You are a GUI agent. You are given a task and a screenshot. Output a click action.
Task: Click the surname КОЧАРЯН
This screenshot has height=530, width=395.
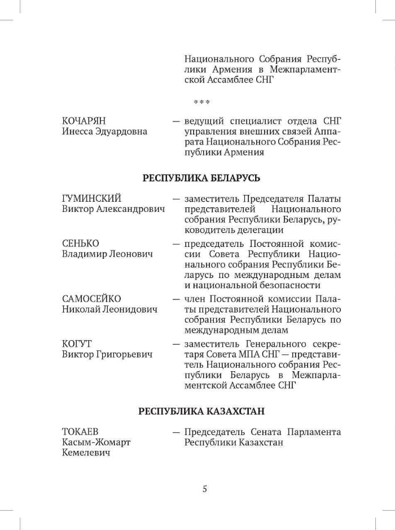point(84,121)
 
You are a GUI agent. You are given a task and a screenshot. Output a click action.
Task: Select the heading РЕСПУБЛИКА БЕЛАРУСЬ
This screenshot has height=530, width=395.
point(201,178)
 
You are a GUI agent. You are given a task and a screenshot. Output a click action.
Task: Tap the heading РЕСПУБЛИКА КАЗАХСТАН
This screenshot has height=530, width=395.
point(201,411)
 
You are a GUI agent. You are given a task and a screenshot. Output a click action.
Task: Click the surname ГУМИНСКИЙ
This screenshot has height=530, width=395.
point(91,199)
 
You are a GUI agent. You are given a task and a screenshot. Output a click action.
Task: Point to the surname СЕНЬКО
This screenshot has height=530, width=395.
point(81,244)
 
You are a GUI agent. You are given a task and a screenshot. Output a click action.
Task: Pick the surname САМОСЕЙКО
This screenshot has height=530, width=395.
point(91,299)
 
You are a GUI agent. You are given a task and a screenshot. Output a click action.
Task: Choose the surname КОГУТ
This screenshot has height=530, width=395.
point(77,344)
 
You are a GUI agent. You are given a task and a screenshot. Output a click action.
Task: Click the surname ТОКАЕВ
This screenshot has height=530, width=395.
point(80,432)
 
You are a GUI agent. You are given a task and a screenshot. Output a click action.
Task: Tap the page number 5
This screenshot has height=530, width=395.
point(204,489)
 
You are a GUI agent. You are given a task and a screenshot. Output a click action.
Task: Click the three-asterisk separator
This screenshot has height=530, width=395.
point(201,103)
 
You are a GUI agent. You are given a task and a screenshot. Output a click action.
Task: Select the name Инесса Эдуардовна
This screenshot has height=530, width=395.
point(104,132)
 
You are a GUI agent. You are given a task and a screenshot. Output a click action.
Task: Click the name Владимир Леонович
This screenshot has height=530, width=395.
point(107,254)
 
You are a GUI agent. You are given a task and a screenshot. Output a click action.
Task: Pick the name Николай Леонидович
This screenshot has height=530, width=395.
point(109,310)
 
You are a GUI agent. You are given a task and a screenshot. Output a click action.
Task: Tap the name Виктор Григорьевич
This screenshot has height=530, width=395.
point(107,354)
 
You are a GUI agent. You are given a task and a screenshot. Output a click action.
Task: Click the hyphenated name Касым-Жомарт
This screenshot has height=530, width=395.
point(96,442)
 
